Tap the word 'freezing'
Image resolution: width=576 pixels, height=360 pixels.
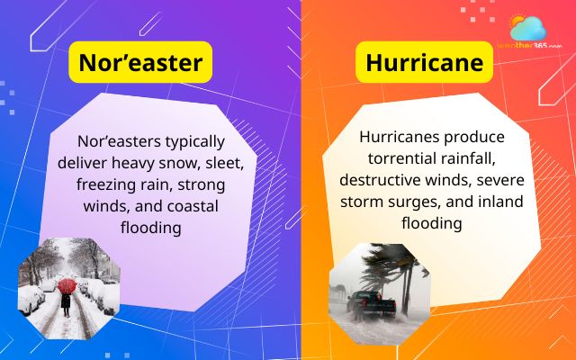(115, 185)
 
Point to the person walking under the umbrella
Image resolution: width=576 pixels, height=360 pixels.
(66, 301)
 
